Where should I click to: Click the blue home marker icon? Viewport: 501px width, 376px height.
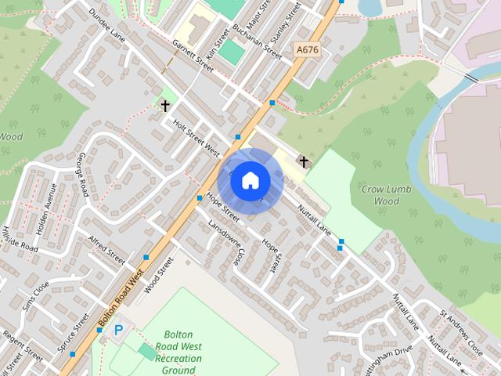(x=250, y=180)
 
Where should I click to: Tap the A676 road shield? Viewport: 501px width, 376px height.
(x=308, y=49)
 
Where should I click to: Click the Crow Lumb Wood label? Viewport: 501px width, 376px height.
(x=380, y=195)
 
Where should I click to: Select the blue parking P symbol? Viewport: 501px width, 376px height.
(x=119, y=331)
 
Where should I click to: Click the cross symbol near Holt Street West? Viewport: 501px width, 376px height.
(x=165, y=104)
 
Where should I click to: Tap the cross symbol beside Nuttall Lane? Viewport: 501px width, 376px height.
(x=304, y=161)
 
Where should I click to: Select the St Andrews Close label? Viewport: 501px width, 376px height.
(x=461, y=329)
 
